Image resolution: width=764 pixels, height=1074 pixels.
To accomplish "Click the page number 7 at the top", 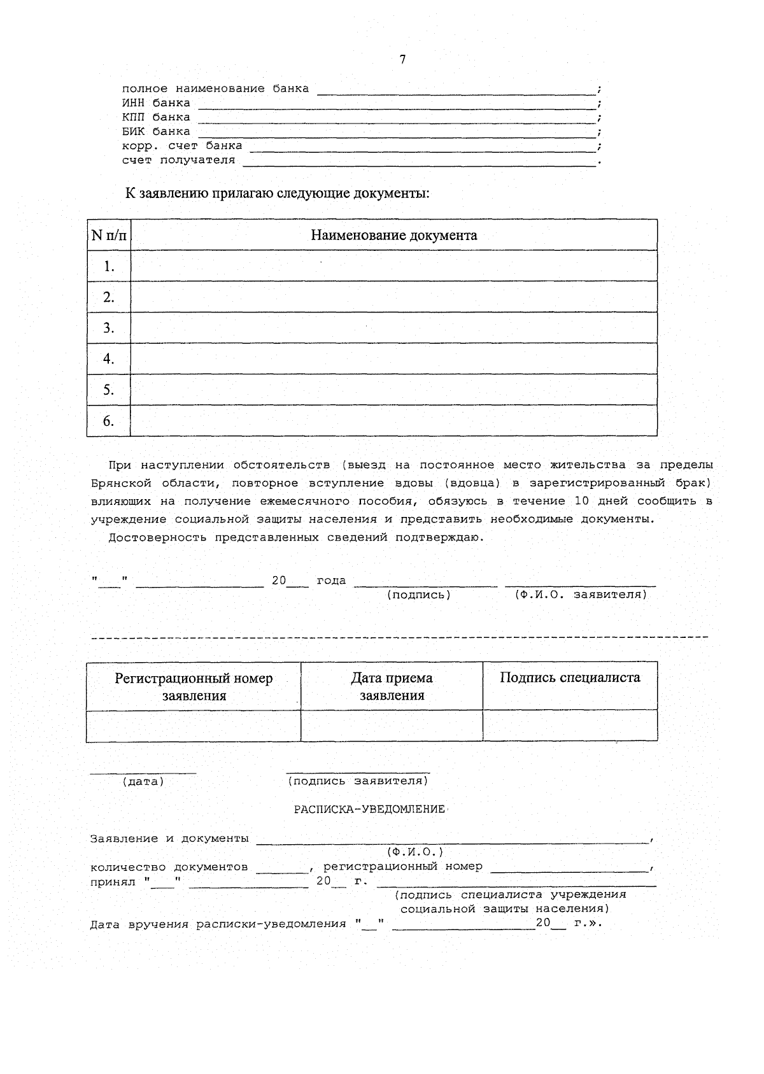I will (x=402, y=60).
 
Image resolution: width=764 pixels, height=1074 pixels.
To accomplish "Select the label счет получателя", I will (x=178, y=160).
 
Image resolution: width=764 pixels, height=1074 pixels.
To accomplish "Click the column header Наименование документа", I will (x=393, y=235).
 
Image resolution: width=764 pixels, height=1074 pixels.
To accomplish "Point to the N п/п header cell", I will (x=109, y=235).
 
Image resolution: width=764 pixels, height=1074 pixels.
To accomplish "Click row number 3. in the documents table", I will (x=109, y=328).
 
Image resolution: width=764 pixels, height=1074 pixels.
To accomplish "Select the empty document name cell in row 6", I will (x=393, y=421).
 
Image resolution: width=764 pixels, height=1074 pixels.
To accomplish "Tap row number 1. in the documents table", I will (x=109, y=266).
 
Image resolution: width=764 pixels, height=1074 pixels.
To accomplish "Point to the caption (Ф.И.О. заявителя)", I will (x=581, y=595).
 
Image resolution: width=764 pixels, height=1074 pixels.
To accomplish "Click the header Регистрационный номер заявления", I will (x=194, y=686).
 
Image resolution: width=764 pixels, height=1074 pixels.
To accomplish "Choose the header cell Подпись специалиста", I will (x=570, y=677).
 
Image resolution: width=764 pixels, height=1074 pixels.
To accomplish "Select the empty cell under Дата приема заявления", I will (x=392, y=726).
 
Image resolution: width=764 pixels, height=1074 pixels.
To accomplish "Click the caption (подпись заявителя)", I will (x=358, y=781).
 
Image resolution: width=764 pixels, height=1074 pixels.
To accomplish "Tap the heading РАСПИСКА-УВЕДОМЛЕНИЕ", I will (x=369, y=809).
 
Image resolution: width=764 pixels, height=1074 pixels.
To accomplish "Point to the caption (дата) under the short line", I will (x=143, y=781).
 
